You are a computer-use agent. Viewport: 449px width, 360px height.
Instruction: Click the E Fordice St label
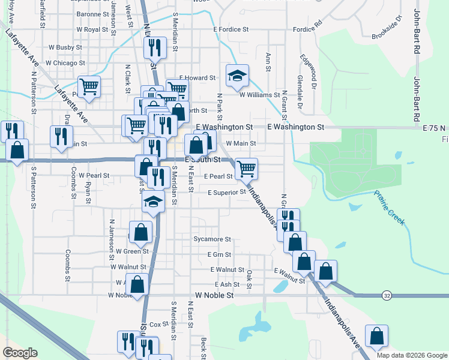(231, 29)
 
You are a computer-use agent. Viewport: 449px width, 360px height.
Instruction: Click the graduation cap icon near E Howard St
(237, 76)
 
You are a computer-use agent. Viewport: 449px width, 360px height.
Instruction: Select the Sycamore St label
(212, 239)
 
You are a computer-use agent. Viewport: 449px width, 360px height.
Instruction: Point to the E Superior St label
(227, 193)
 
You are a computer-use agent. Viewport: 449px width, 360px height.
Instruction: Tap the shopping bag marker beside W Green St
(140, 233)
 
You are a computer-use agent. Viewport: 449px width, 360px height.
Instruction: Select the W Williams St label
(259, 94)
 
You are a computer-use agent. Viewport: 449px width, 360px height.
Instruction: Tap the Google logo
(19, 352)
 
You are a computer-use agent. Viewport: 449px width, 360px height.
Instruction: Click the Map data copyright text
(411, 355)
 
